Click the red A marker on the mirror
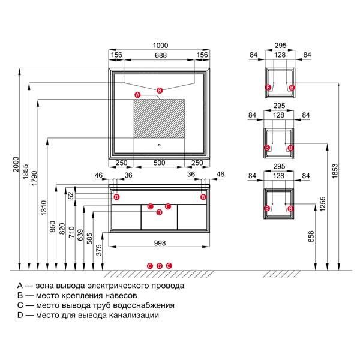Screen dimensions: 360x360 click(x=137, y=95)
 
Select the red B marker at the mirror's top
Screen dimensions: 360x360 click(x=159, y=91)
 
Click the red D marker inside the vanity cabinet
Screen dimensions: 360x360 click(x=159, y=212)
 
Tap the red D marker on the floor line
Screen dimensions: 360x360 click(x=160, y=266)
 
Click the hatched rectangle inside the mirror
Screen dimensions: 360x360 click(x=159, y=120)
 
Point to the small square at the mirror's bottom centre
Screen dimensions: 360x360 click(x=159, y=144)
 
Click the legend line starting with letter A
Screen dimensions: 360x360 click(x=101, y=286)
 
